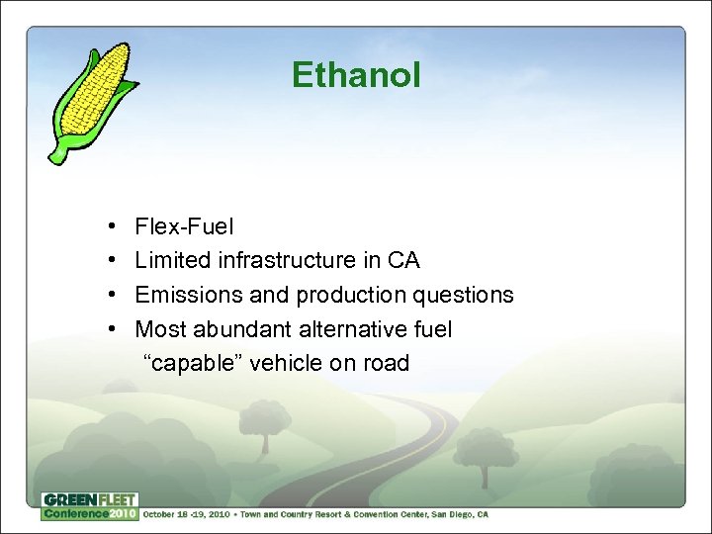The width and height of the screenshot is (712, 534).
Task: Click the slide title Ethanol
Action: pos(356,75)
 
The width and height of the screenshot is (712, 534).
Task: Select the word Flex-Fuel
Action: pos(185,227)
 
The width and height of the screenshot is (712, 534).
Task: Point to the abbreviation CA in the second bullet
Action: pos(403,261)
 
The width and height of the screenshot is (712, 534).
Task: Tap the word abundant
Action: pos(238,329)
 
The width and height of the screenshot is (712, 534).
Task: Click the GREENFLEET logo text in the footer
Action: pos(89,499)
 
